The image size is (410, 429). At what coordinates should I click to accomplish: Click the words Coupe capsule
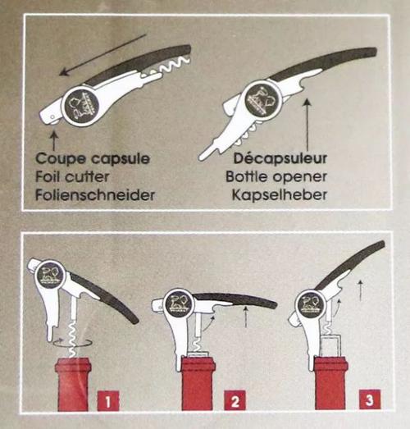point(93,158)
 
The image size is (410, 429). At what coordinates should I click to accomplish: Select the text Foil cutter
point(72,176)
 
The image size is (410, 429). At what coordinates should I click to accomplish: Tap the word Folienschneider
point(95,195)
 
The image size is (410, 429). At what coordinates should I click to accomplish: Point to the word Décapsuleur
point(280,158)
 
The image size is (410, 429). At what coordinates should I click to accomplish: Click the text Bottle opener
point(276,176)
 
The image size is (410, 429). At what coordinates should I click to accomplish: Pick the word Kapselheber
point(280,195)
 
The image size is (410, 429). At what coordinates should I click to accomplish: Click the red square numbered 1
point(108,401)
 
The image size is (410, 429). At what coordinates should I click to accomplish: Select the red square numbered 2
point(235,401)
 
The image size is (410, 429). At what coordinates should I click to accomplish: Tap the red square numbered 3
point(370,399)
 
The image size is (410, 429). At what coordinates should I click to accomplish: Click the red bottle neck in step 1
point(73,385)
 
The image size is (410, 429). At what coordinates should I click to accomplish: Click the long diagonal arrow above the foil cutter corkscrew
point(103,54)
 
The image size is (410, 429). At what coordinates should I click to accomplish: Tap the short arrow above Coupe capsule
point(54,140)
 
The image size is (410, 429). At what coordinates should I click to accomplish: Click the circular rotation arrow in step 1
point(72,342)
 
